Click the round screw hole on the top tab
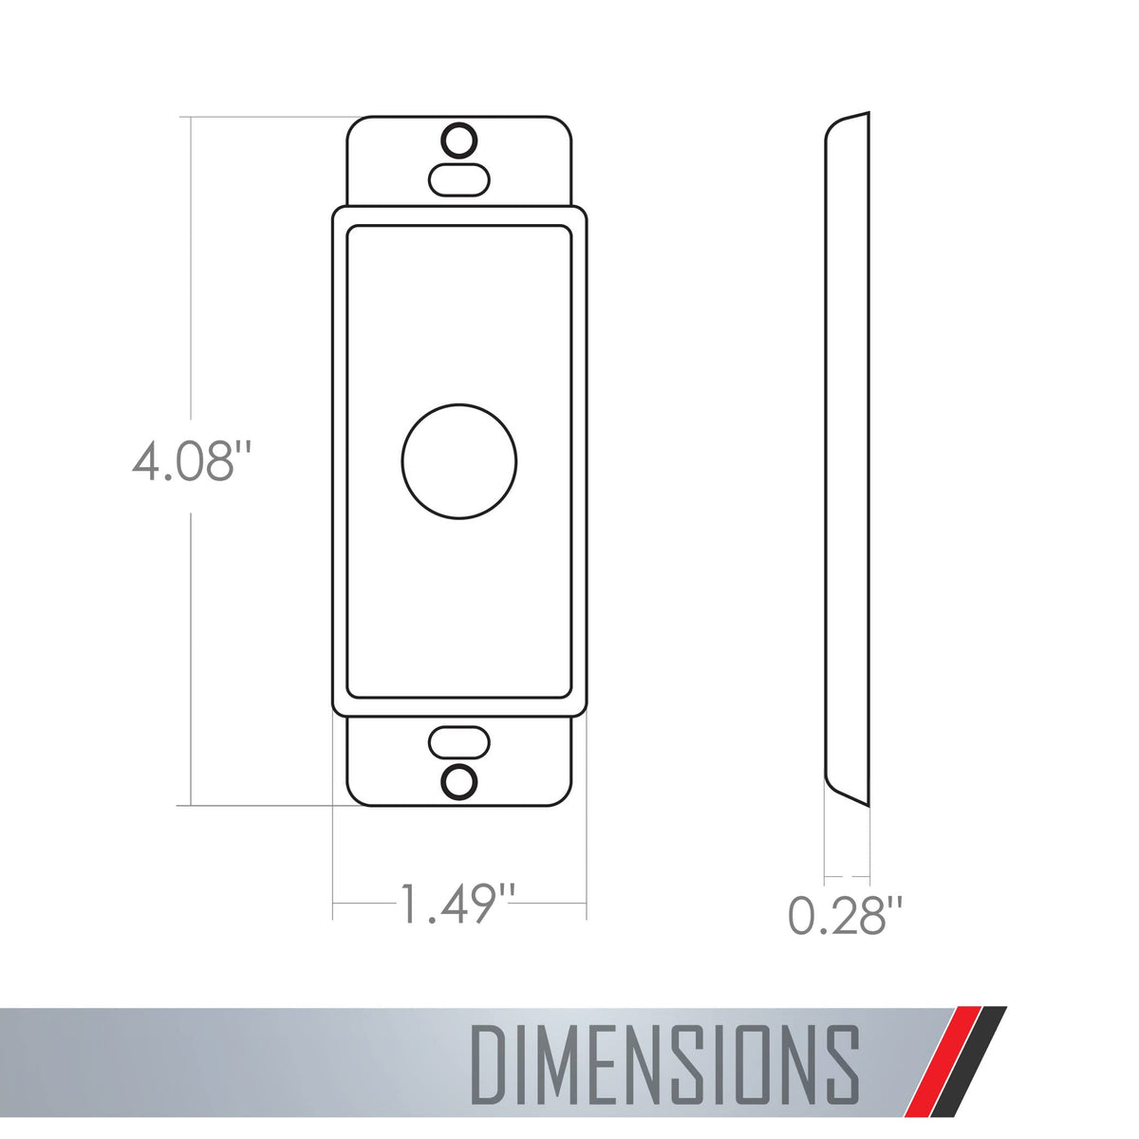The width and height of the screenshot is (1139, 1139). tap(459, 140)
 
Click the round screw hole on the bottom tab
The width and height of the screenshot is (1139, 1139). tap(459, 782)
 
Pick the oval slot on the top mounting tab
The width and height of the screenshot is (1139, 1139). tap(459, 180)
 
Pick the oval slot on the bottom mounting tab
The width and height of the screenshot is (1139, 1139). tap(459, 742)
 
